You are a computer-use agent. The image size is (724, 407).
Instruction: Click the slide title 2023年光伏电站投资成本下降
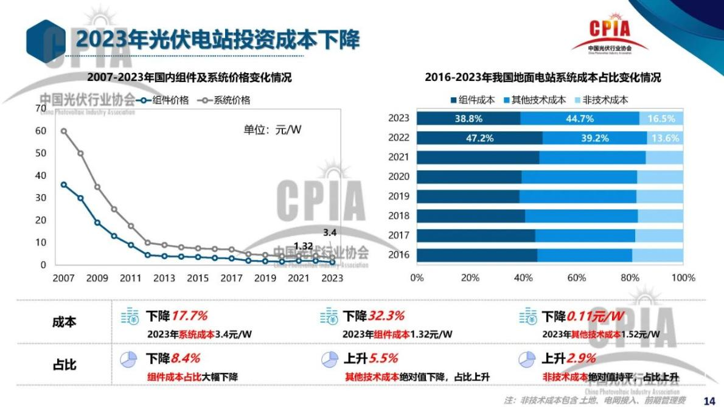217,40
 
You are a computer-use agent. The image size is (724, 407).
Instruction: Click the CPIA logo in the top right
610,34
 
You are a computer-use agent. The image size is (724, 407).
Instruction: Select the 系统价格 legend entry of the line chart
226,100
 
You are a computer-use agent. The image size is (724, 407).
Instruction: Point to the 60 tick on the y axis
41,131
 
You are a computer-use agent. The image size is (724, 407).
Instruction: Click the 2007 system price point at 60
64,131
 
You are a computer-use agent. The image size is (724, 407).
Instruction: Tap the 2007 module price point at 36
64,184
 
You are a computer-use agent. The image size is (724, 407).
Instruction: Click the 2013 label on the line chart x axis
164,279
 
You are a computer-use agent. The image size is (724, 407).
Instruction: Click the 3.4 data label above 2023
329,232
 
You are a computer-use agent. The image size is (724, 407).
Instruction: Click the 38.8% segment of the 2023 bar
468,119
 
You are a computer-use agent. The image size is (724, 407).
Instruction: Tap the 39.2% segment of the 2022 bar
594,138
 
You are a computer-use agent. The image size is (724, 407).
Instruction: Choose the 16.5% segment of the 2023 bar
661,119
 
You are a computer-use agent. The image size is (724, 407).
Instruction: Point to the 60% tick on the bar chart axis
576,278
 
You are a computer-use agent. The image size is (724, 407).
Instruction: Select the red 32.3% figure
386,316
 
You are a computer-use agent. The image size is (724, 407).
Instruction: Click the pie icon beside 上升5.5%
329,359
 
